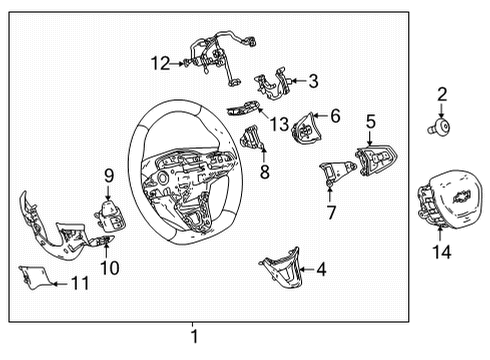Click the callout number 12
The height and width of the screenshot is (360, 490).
161,63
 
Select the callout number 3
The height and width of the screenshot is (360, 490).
313,80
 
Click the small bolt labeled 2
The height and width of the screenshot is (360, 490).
440,126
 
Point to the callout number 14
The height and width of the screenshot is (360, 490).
441,253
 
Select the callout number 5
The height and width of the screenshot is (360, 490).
370,121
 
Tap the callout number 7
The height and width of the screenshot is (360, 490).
331,212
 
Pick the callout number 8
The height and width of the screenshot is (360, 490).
264,172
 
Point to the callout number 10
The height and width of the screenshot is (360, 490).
109,267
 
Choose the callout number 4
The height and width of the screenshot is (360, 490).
320,268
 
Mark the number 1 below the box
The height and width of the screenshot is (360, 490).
195,336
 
